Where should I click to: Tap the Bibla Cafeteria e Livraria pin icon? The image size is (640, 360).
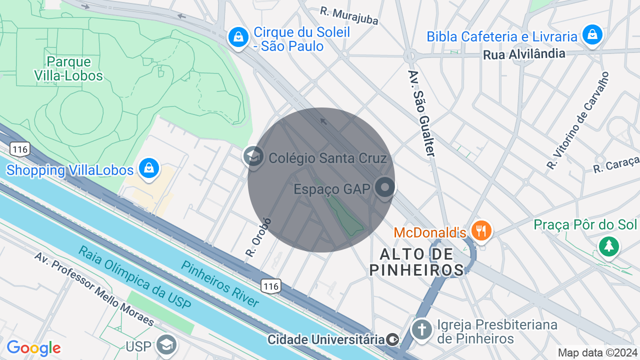592,34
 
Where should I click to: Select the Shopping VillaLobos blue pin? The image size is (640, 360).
149,168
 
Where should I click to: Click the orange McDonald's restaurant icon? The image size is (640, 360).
481,230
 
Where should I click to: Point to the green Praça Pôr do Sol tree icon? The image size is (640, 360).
608,245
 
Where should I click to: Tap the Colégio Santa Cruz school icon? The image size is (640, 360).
253,156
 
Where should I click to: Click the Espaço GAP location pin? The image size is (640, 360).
385,188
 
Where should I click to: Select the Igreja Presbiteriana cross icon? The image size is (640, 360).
422,329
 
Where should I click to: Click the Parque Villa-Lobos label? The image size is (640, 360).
68,69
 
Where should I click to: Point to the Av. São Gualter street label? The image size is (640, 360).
421,113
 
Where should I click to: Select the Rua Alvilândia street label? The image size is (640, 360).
524,54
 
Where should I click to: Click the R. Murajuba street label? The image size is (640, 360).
349,16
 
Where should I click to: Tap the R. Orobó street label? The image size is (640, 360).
258,237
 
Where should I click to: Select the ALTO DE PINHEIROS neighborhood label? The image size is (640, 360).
416,262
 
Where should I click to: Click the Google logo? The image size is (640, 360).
33,348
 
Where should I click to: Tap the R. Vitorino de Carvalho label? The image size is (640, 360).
578,120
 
